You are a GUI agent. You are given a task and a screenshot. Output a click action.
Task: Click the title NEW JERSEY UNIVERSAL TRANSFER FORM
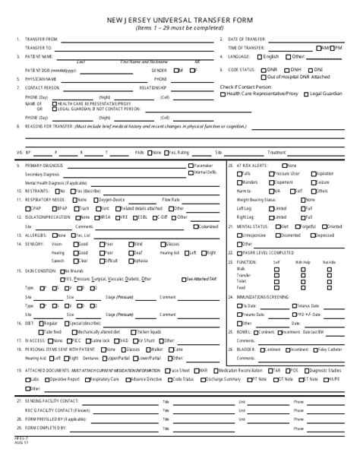click(181, 17)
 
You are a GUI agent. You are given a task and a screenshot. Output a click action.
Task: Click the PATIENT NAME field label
click(39, 55)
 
